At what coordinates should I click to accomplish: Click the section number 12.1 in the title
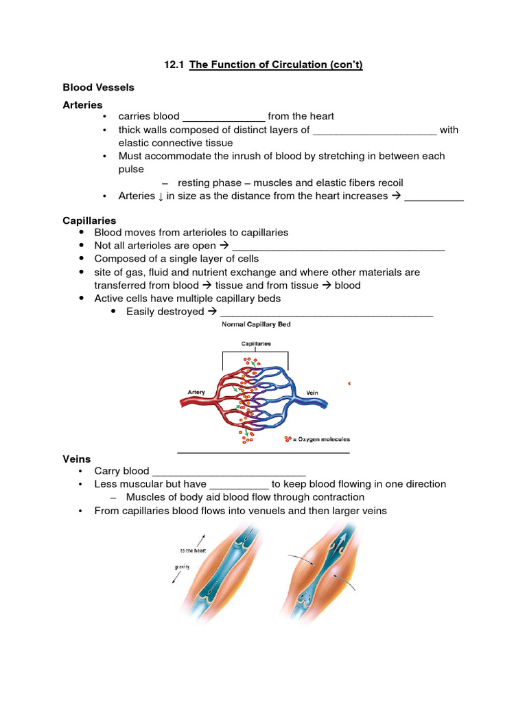click(175, 65)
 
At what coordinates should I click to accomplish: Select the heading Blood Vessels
click(98, 87)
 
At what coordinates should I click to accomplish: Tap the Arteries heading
click(82, 105)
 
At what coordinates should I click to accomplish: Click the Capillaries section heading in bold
click(89, 220)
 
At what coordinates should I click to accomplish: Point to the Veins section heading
click(76, 459)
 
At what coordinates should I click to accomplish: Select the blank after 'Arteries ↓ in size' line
click(434, 197)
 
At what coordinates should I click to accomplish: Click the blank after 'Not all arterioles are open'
click(338, 246)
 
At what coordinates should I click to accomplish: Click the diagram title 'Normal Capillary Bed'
click(255, 325)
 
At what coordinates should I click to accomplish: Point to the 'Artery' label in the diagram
click(197, 393)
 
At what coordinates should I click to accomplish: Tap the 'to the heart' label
click(194, 550)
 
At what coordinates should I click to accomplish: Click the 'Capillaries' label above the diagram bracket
click(255, 343)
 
